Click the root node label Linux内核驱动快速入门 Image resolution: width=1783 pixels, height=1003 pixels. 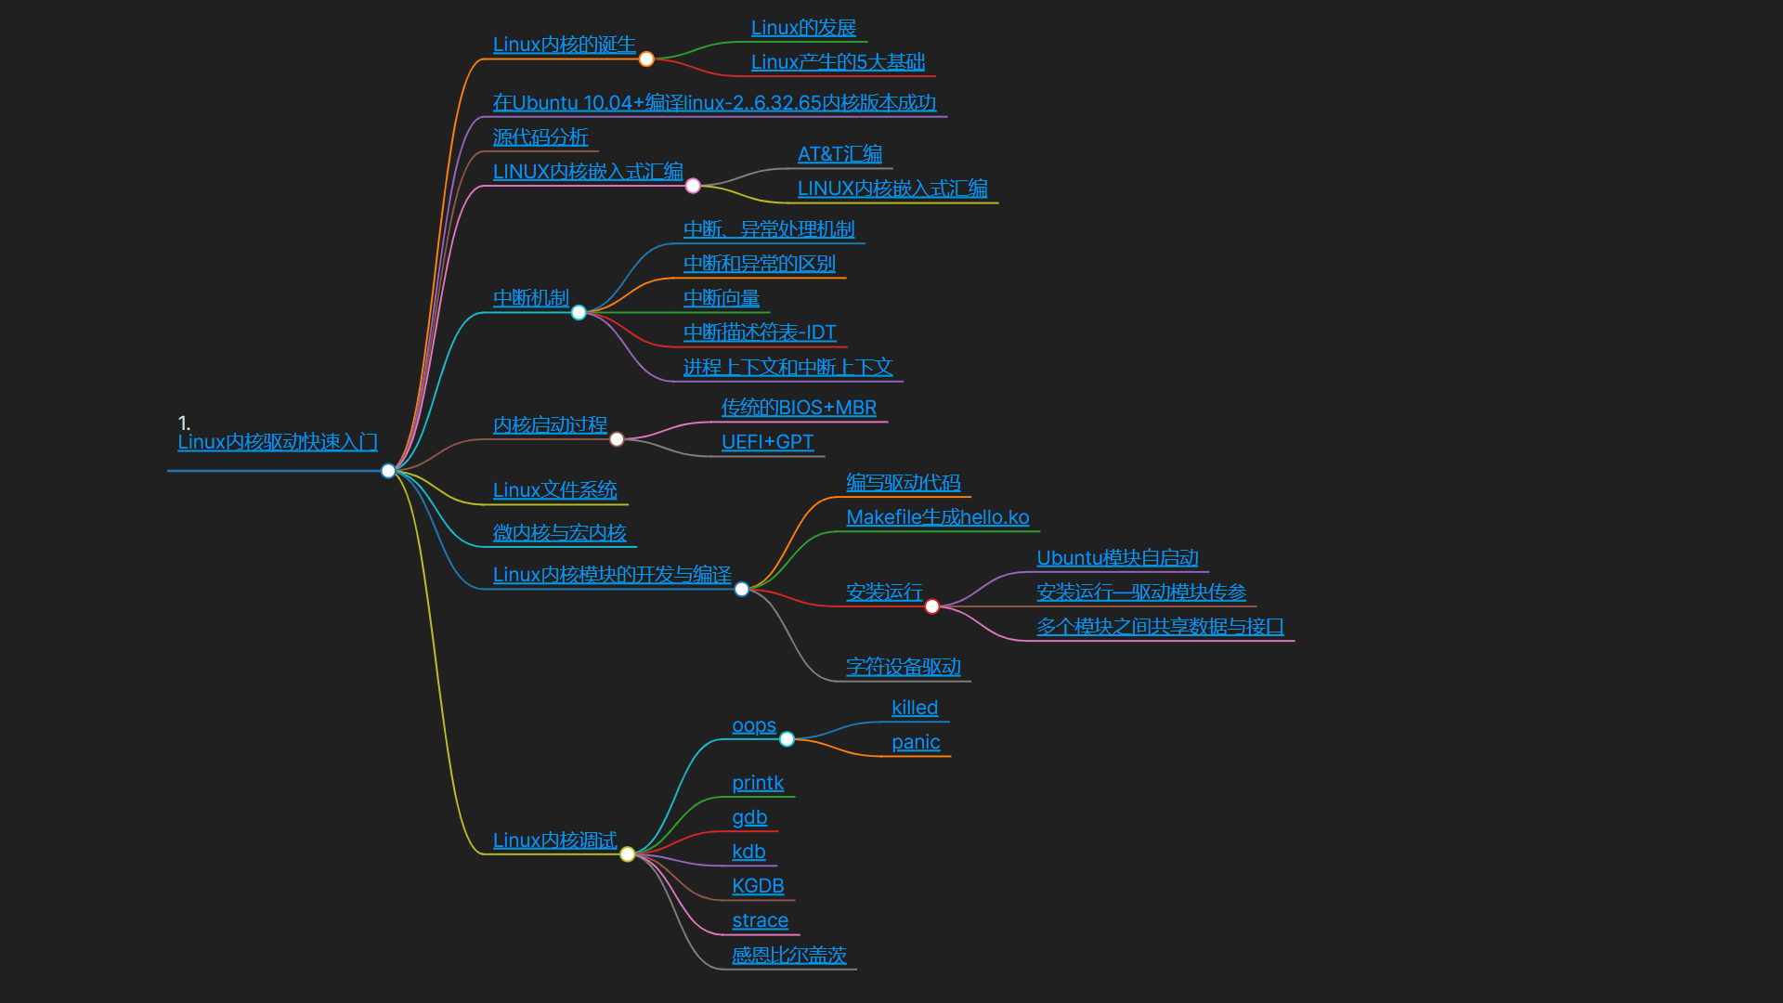click(277, 442)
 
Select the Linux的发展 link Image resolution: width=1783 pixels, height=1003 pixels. click(803, 28)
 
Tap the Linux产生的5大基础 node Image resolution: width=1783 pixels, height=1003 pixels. click(838, 62)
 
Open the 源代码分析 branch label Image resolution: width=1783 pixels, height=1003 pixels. click(540, 137)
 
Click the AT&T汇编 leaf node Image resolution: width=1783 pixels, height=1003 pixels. click(839, 154)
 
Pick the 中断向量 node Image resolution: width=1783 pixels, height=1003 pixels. click(722, 298)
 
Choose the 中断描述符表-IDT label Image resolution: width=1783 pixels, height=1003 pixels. click(760, 332)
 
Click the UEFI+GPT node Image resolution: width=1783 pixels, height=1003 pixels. click(767, 442)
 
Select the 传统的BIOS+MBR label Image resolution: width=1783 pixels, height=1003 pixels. click(799, 408)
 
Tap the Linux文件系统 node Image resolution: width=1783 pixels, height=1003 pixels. click(554, 490)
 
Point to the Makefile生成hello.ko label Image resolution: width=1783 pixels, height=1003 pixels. click(937, 517)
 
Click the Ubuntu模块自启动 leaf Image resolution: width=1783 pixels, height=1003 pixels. click(1117, 558)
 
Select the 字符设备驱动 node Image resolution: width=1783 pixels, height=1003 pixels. click(904, 667)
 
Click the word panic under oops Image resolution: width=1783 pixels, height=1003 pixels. click(916, 742)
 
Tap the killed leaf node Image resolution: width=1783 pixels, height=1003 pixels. click(915, 708)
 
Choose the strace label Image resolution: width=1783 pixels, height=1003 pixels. click(760, 920)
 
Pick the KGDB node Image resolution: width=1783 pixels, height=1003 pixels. click(758, 886)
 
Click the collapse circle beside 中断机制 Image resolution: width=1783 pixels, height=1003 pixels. click(579, 313)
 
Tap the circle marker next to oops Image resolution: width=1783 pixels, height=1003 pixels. click(787, 739)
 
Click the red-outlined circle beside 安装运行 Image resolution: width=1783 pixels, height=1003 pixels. click(932, 606)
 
